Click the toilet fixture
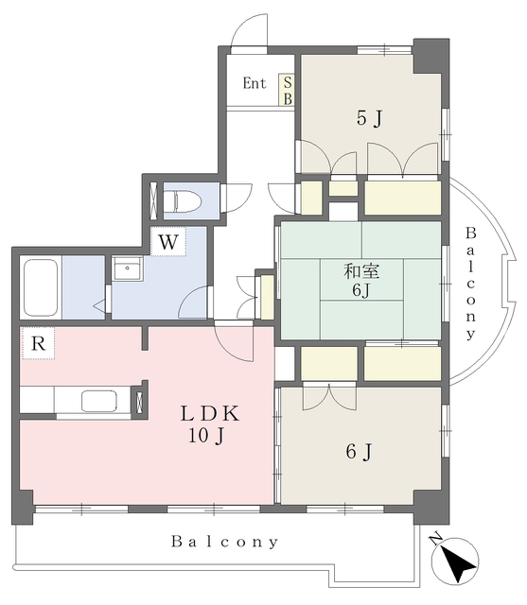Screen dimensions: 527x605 pos(183,200)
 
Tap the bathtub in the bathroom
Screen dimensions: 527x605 pos(41,287)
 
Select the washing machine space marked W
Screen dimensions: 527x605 pos(168,242)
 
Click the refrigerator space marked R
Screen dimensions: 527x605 pos(38,343)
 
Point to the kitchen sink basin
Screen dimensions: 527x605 pos(99,401)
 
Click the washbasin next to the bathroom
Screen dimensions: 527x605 pos(128,268)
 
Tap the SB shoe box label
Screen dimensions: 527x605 pos(288,91)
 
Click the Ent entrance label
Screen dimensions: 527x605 pos(255,83)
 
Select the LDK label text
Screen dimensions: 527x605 pos(210,414)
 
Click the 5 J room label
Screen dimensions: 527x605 pos(370,117)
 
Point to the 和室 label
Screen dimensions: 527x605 pos(361,271)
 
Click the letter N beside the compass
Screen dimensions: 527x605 pos(436,538)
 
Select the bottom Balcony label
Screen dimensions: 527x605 pos(224,542)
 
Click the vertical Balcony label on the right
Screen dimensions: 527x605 pos(470,284)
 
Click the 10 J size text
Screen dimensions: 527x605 pos(206,436)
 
